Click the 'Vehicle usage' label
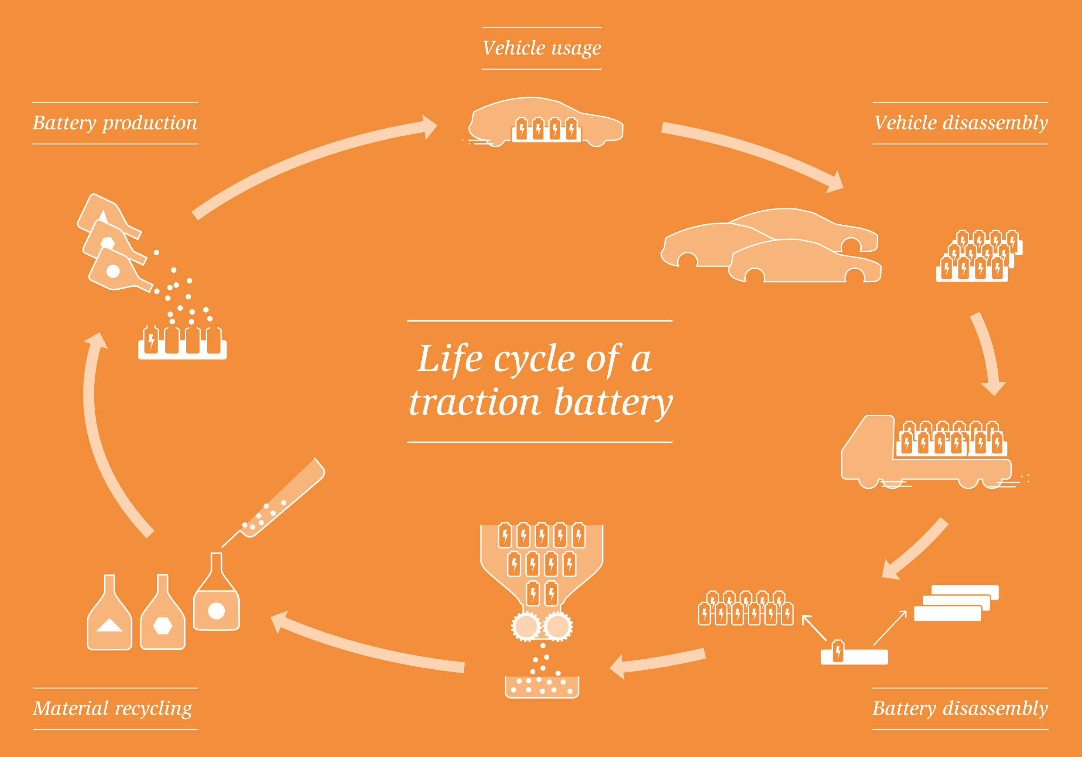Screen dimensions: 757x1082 coord(541,48)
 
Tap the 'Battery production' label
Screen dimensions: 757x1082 coord(115,123)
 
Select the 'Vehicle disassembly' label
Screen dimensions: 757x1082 coord(961,123)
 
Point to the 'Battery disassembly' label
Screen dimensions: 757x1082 coord(960,709)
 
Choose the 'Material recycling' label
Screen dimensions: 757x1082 coord(113,709)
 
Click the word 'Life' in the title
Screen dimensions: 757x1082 coord(450,359)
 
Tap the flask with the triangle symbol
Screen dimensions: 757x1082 coord(110,617)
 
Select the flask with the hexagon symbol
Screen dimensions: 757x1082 coord(163,617)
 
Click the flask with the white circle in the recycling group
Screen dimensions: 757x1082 coord(216,603)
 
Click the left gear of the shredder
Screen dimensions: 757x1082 coord(526,627)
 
